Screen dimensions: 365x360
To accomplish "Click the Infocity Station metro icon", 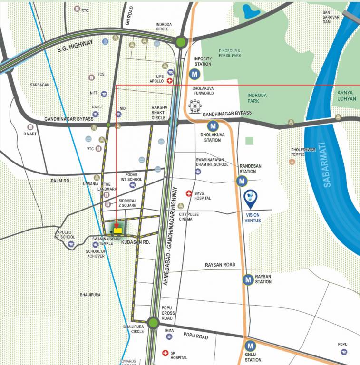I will click(194, 74).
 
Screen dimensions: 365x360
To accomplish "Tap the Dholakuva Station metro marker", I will click(213, 126).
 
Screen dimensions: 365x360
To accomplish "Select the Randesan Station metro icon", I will click(242, 181).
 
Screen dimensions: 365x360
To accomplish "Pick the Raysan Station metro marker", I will click(248, 280).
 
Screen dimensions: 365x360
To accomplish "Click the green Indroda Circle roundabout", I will click(180, 42).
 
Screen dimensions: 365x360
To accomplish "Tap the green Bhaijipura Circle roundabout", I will click(153, 323).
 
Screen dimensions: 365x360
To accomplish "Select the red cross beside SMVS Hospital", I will click(189, 194).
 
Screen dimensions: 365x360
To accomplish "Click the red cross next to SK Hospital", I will click(165, 353).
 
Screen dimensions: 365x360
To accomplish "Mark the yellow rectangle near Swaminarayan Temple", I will click(118, 230).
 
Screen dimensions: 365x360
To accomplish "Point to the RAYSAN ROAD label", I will click(220, 265).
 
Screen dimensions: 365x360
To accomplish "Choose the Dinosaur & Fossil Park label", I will click(230, 53).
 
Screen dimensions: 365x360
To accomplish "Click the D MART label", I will click(30, 134).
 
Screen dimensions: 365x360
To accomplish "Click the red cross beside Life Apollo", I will click(170, 81).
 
